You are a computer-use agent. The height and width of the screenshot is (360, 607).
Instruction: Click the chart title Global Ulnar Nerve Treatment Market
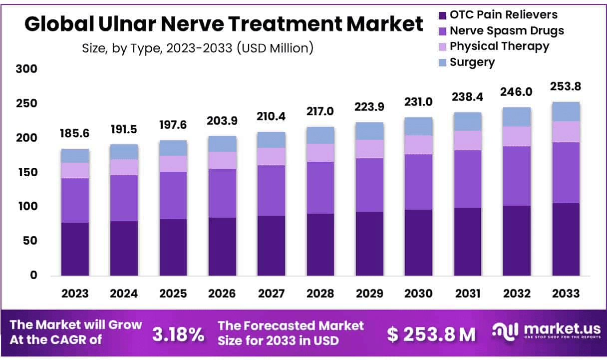[x=224, y=23]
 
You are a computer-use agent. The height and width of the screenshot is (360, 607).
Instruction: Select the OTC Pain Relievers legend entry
[x=503, y=15]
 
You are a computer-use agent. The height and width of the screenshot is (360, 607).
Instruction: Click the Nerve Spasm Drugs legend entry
[x=506, y=31]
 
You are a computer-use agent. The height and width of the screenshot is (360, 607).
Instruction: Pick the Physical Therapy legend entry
[x=499, y=46]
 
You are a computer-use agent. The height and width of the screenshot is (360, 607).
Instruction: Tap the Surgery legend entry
[x=472, y=62]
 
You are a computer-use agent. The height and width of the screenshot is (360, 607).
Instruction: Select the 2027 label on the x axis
[x=271, y=294]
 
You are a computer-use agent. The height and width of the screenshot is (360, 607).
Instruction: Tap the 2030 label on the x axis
[x=418, y=294]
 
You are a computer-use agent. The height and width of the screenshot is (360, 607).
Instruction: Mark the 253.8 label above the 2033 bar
[x=566, y=87]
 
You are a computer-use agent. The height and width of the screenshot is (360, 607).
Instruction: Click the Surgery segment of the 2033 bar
[x=566, y=111]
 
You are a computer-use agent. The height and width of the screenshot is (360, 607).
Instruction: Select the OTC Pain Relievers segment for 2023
[x=75, y=249]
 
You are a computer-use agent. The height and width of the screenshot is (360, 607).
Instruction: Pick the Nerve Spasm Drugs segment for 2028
[x=320, y=187]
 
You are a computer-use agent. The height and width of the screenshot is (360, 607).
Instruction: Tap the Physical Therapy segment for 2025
[x=173, y=163]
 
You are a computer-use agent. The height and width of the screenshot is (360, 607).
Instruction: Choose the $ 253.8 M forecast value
[x=432, y=335]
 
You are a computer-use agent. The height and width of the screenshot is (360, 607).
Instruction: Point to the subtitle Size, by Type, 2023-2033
[x=197, y=48]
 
